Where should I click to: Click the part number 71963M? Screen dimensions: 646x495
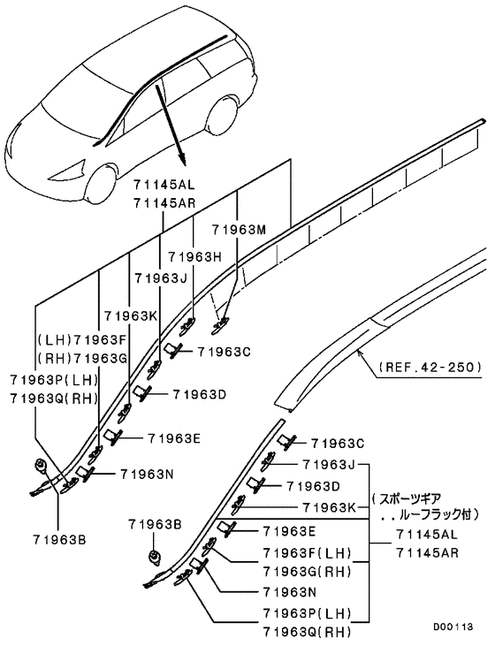tap(239, 230)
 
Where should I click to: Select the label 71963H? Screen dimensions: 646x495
tap(194, 256)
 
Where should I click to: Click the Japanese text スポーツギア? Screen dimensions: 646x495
tap(415, 498)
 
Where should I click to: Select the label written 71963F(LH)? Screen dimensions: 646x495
tap(307, 553)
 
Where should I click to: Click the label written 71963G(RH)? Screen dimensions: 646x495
tap(307, 571)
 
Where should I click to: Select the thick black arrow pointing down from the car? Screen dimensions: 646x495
tap(172, 124)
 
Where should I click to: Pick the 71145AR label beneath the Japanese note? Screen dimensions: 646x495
tap(426, 553)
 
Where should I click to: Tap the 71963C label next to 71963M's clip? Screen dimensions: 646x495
tap(225, 351)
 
